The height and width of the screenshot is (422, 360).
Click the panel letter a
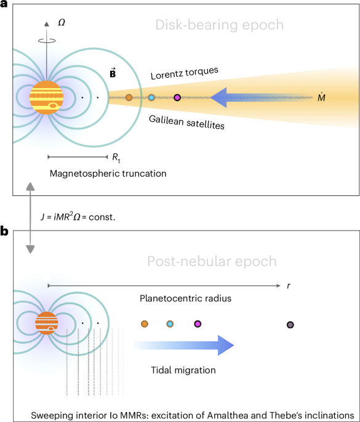coord(6,6)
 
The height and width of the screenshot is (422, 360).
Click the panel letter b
coord(6,232)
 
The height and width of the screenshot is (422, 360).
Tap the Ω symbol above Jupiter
coord(61,22)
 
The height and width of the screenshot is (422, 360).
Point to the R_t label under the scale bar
coord(116,158)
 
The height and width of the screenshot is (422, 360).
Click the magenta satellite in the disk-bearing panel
coord(177,97)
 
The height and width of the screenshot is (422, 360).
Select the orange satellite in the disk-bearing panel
coord(129,97)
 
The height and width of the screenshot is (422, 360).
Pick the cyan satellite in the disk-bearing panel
coord(151,97)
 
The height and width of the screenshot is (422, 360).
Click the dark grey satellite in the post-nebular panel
coord(290,325)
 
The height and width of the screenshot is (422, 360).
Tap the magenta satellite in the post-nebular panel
coord(198,323)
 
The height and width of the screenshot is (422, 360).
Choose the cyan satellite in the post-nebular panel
coord(170,323)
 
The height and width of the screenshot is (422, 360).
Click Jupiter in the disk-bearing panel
coord(47,97)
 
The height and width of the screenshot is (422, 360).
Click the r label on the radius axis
coord(288,286)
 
